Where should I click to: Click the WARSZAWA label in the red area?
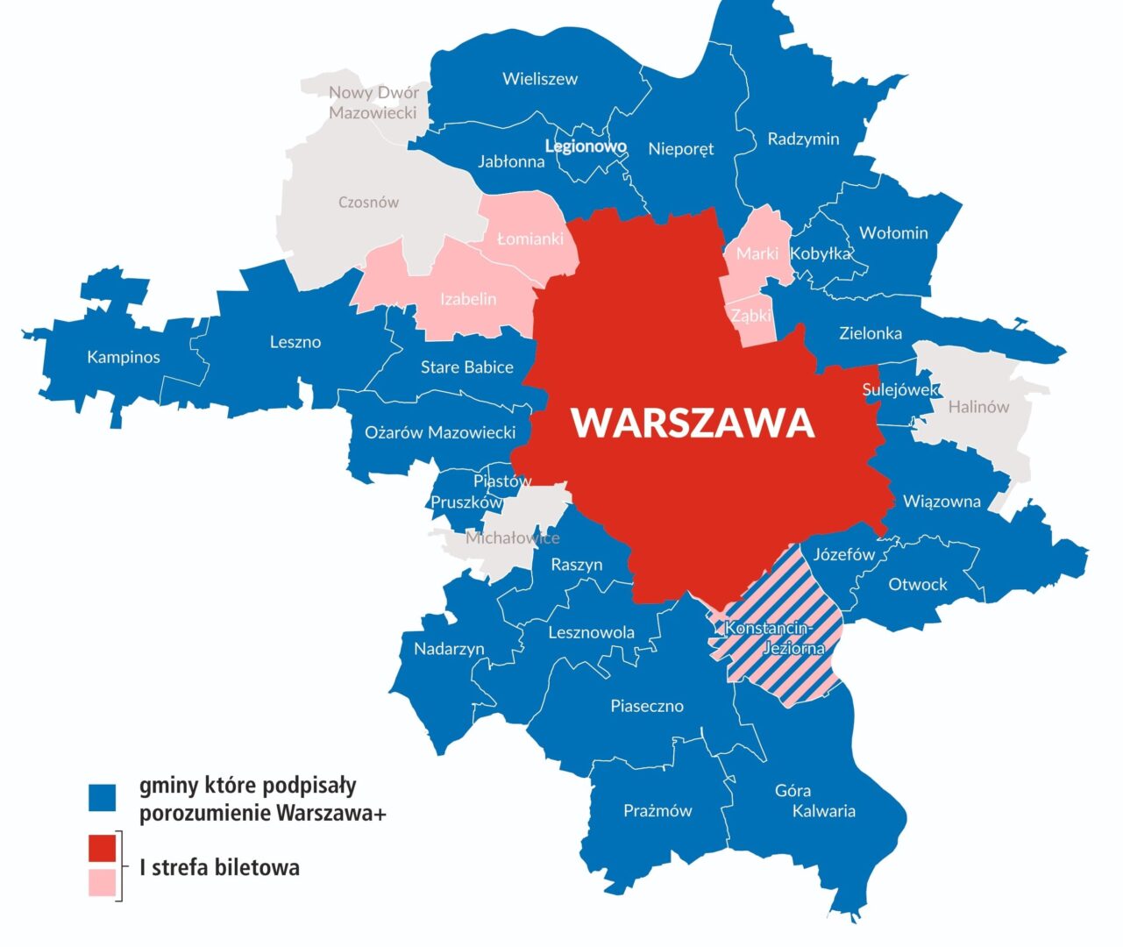[693, 423]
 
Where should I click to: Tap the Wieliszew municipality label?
[540, 79]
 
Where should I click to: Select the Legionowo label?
[586, 146]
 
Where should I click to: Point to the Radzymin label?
[803, 139]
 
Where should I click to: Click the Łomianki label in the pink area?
[530, 239]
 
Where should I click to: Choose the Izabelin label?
[468, 299]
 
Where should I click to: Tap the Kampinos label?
[124, 357]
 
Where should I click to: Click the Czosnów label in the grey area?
[368, 203]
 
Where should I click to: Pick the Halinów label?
[978, 407]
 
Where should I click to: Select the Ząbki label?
[751, 316]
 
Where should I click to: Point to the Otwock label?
[918, 584]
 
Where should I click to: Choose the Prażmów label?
[657, 811]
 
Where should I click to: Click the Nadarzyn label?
[449, 649]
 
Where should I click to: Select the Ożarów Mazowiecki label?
[440, 432]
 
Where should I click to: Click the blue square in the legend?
[103, 797]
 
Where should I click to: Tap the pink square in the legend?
[103, 882]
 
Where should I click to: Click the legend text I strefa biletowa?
[220, 867]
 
